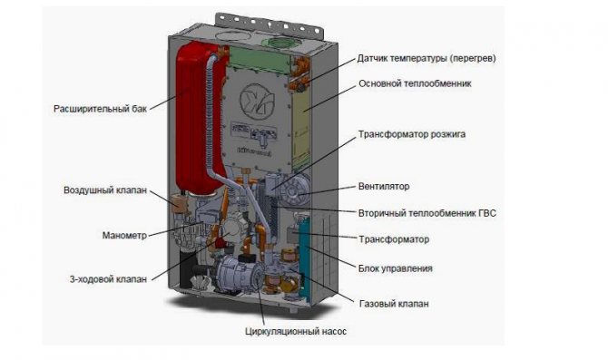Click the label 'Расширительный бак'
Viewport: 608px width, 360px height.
tap(100, 109)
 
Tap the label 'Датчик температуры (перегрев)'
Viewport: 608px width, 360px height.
tap(427, 59)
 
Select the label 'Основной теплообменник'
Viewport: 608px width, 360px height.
tap(415, 83)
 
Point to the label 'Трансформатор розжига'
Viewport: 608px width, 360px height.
tap(412, 134)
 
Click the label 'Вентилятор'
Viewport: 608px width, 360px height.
tap(384, 187)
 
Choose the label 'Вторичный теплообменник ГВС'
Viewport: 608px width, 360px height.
tap(427, 213)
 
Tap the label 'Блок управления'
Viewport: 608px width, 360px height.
tap(395, 268)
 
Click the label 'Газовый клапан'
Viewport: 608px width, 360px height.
tap(394, 304)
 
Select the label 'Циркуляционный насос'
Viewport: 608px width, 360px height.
tap(296, 332)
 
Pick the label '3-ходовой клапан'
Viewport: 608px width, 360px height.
tap(108, 279)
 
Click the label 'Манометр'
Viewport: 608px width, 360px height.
tap(124, 236)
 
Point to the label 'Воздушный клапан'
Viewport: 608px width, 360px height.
tap(105, 190)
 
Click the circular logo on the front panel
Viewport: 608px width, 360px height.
tap(257, 100)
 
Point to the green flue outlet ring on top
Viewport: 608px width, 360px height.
tap(282, 43)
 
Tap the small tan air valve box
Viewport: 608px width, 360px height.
tap(179, 203)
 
